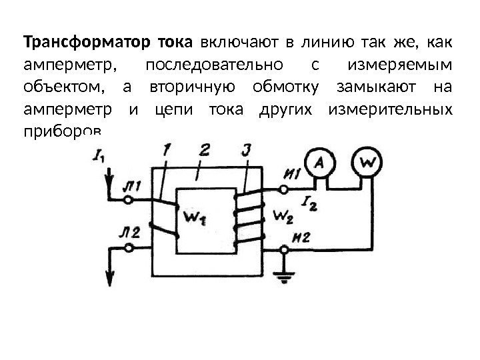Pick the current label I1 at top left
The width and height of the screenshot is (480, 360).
coord(100,157)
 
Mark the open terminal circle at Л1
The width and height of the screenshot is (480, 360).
coord(131,199)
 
